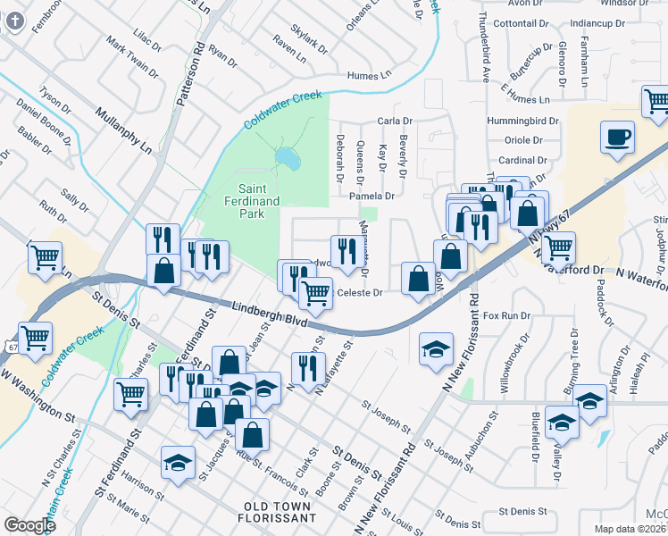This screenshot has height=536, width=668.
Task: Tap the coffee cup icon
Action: click(x=617, y=138)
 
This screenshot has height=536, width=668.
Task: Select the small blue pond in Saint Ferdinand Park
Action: click(x=288, y=158)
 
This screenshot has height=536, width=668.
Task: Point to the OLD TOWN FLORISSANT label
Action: click(x=279, y=512)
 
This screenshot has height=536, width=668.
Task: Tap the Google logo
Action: click(x=30, y=525)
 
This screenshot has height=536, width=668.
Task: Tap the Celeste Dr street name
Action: click(x=359, y=292)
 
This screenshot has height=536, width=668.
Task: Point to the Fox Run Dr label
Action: click(x=506, y=315)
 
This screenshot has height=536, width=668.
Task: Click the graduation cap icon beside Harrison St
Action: click(x=178, y=462)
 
